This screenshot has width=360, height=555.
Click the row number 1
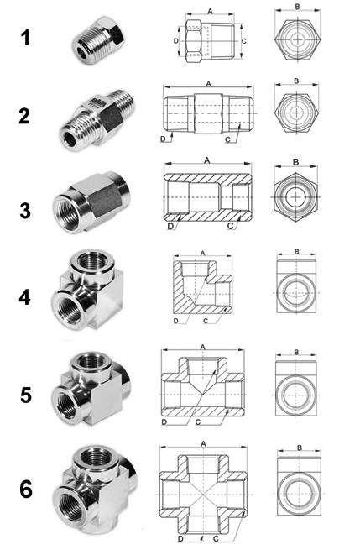25,38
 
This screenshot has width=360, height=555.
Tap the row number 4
24,297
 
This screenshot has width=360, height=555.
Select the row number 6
25,490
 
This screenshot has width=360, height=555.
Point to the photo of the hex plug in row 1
98,40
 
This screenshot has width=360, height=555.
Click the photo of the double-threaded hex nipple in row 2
97,119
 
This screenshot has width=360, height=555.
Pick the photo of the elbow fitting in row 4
88,290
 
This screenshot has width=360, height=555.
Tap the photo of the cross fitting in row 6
95,490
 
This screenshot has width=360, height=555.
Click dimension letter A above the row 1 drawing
210,12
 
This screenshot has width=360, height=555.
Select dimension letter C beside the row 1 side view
244,41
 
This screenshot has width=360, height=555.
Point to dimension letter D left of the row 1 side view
176,41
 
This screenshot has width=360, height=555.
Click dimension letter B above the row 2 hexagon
296,81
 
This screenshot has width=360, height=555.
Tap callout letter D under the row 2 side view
163,139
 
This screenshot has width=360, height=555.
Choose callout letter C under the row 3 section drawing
231,226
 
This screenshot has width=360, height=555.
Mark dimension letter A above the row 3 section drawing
207,160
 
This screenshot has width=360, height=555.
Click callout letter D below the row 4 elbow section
176,321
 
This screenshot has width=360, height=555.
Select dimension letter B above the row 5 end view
296,352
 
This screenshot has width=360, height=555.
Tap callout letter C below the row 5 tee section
198,421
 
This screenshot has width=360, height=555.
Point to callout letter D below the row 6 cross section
180,539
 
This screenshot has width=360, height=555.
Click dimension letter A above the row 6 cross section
203,444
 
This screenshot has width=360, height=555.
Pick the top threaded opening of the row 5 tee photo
91,361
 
